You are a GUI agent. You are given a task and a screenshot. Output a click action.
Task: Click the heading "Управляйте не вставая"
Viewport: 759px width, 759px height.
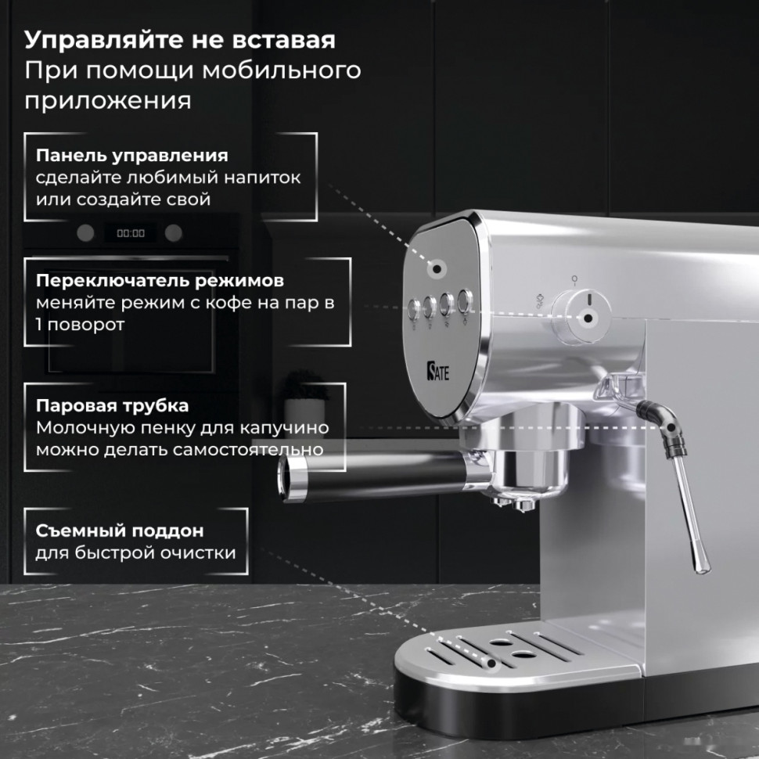(180, 40)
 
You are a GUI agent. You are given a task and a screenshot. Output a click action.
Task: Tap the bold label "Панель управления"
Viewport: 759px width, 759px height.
(131, 155)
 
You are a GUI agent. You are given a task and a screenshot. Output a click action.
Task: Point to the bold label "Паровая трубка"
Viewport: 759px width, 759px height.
(112, 406)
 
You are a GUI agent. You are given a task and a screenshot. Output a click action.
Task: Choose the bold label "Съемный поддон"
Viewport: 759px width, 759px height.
(119, 531)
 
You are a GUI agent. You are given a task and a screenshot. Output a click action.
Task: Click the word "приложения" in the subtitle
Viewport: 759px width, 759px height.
(107, 101)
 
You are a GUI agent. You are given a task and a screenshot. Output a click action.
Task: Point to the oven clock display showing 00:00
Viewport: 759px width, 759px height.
(131, 233)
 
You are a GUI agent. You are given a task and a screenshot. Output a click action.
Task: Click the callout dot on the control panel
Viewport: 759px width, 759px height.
(435, 269)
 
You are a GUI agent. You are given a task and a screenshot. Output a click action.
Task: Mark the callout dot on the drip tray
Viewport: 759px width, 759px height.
(492, 664)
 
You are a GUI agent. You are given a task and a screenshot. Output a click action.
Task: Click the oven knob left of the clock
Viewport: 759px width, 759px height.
(85, 232)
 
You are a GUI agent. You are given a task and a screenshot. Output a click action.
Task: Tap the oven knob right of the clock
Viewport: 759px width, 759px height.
(174, 232)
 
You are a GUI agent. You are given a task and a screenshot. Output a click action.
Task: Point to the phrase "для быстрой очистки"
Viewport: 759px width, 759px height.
(135, 553)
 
